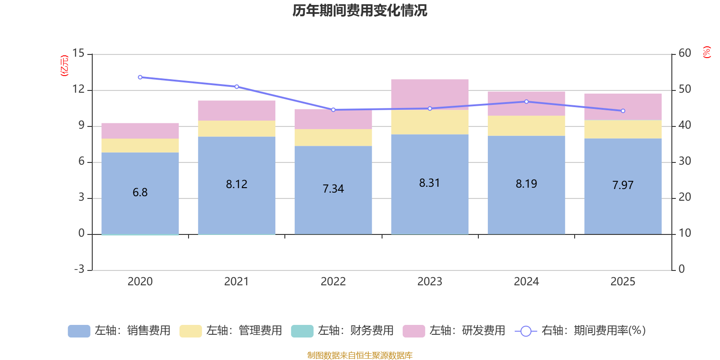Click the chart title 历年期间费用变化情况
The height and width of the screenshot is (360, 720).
pyautogui.click(x=360, y=10)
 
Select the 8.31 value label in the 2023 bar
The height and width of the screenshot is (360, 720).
pyautogui.click(x=429, y=183)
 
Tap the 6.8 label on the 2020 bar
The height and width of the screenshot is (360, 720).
pyautogui.click(x=140, y=193)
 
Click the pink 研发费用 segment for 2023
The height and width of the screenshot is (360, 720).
pyautogui.click(x=430, y=94)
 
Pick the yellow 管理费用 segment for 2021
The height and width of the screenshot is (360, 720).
pyautogui.click(x=237, y=129)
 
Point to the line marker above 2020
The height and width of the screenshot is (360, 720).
pyautogui.click(x=140, y=77)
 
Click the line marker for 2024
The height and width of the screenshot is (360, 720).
pyautogui.click(x=526, y=102)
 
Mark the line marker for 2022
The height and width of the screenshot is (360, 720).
pyautogui.click(x=333, y=110)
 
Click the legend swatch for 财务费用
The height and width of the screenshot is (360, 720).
pyautogui.click(x=302, y=331)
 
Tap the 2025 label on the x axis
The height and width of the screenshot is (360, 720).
pyautogui.click(x=623, y=282)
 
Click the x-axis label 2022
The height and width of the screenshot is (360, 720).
pyautogui.click(x=333, y=282)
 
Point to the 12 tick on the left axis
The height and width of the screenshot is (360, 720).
pyautogui.click(x=78, y=89)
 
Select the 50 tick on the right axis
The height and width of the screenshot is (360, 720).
pyautogui.click(x=684, y=89)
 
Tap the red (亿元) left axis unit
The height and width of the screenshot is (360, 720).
pyautogui.click(x=64, y=66)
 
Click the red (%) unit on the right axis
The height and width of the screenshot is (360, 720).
pyautogui.click(x=706, y=52)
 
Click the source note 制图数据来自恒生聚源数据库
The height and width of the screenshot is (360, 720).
pyautogui.click(x=360, y=355)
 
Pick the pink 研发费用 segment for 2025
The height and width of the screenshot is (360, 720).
pyautogui.click(x=623, y=107)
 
